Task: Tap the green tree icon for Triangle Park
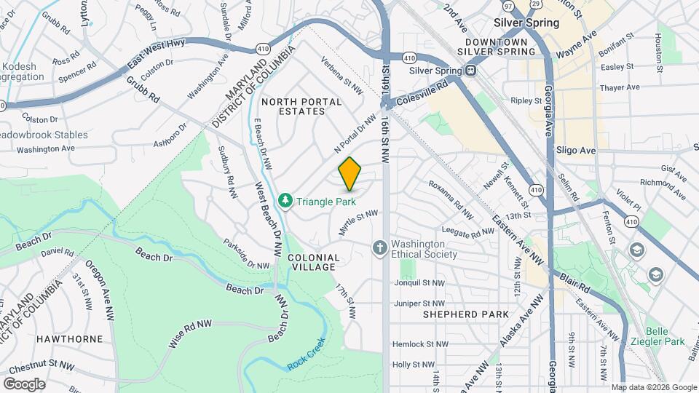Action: click(286, 200)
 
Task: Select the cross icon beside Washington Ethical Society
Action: click(379, 249)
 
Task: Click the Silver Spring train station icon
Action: click(471, 71)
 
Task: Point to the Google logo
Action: click(23, 384)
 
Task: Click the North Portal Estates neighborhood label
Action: click(301, 106)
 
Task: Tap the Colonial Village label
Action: click(313, 262)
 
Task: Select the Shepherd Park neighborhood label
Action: click(461, 314)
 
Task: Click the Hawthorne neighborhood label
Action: click(44, 339)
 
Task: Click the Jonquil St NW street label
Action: click(419, 283)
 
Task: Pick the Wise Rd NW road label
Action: click(191, 333)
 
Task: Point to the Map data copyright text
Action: click(654, 387)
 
